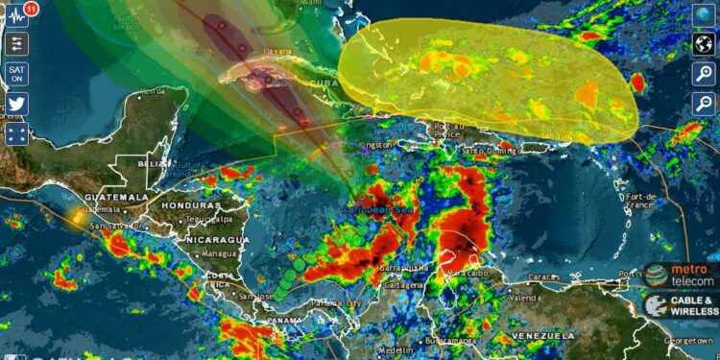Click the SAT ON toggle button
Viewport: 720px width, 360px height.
[x=17, y=74]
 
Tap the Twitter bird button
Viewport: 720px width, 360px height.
[x=17, y=104]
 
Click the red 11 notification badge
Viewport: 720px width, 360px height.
[x=32, y=8]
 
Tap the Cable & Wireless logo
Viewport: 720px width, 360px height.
[x=682, y=306]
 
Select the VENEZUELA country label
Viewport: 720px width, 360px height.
[x=543, y=336]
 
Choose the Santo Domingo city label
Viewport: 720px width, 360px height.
[x=487, y=151]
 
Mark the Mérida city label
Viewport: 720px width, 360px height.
[x=152, y=92]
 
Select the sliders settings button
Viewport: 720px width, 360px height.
[x=17, y=44]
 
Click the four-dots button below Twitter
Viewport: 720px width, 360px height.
[x=17, y=133]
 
